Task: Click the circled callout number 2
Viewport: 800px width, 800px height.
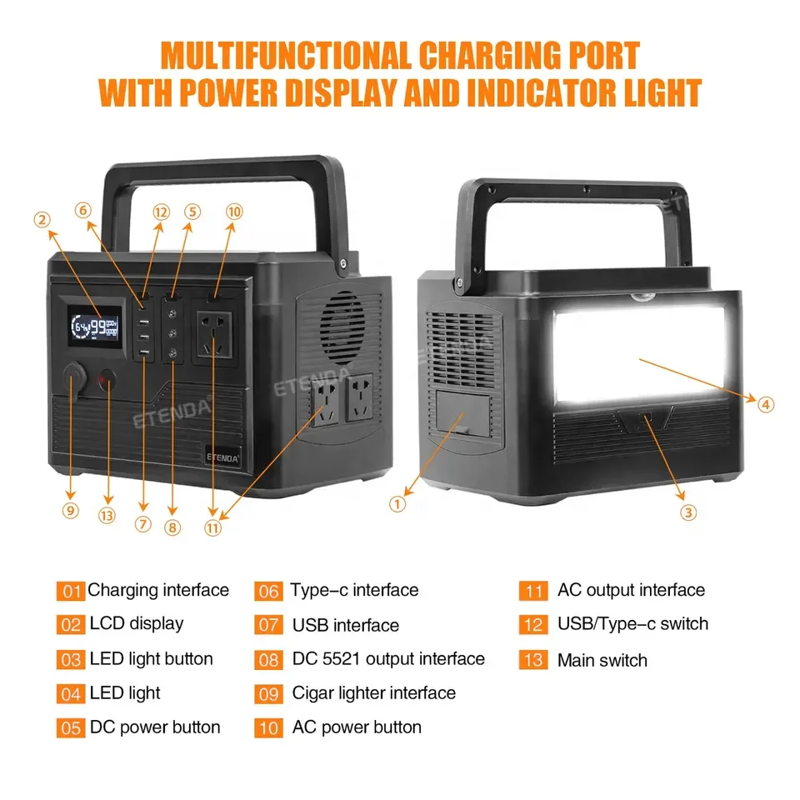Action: (x=42, y=220)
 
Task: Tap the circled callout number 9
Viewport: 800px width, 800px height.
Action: (x=70, y=510)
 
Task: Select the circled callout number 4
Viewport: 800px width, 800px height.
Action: (x=766, y=404)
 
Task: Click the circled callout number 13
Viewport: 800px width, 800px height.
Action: (x=107, y=516)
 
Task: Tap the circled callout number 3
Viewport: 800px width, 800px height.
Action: (x=688, y=512)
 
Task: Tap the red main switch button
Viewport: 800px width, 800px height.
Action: (x=107, y=382)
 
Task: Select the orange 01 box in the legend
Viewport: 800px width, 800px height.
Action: (x=71, y=592)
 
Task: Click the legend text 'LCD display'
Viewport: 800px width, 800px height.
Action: (x=136, y=623)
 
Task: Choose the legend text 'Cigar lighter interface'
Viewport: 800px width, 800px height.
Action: (x=373, y=692)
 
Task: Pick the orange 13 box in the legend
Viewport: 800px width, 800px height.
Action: (x=532, y=660)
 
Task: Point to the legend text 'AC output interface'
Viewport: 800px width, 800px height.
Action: (x=631, y=590)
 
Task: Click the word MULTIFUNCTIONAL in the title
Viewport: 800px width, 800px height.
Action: (x=284, y=57)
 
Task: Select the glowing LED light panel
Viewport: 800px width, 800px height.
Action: (x=639, y=347)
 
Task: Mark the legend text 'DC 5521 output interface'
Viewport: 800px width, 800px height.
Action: (x=388, y=658)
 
